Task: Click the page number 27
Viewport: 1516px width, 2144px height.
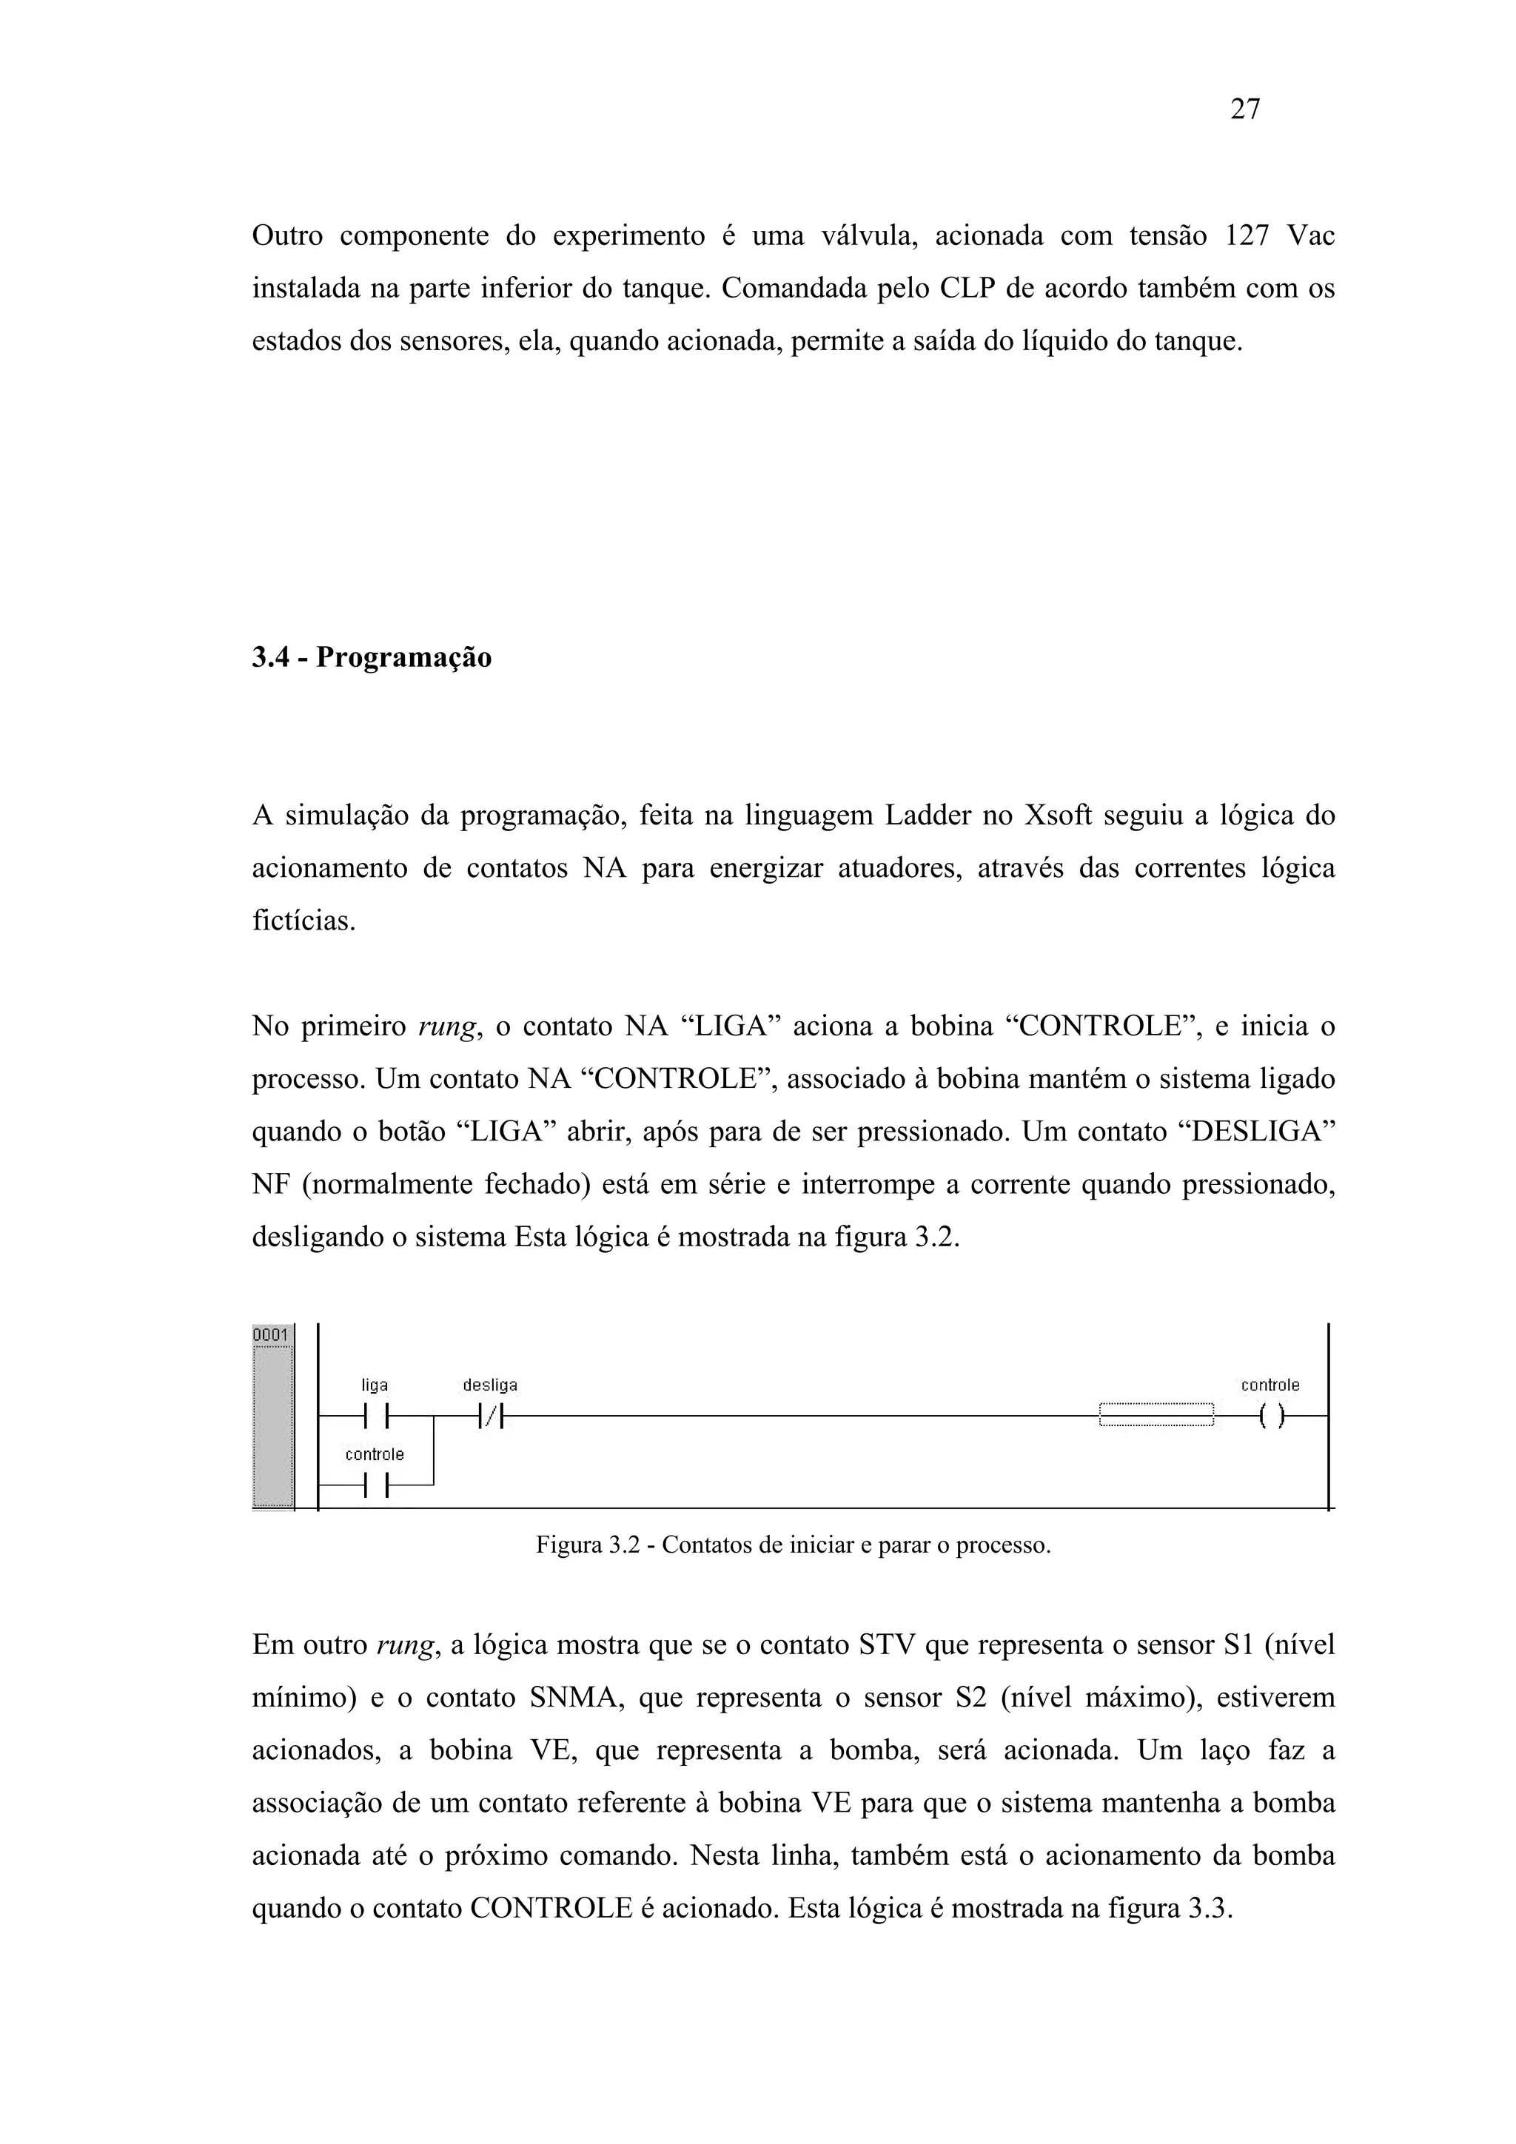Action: pos(1245,110)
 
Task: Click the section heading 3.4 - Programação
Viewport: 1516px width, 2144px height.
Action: pos(371,657)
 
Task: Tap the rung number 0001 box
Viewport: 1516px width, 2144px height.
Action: pos(272,1334)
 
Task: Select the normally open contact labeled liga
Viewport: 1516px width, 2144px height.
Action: pos(375,1417)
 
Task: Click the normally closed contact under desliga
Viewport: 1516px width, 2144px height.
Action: pos(490,1417)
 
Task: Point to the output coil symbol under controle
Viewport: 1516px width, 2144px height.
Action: pos(1270,1417)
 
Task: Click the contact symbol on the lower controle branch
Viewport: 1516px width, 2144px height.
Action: pos(375,1485)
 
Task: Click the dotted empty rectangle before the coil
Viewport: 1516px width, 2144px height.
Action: pos(1156,1416)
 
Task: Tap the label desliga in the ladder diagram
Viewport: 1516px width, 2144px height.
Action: pos(490,1385)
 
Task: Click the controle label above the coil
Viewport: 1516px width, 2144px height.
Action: pos(1270,1385)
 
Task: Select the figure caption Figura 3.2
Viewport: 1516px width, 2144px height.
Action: pos(793,1545)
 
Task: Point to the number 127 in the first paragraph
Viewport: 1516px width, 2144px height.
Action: pos(1246,236)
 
